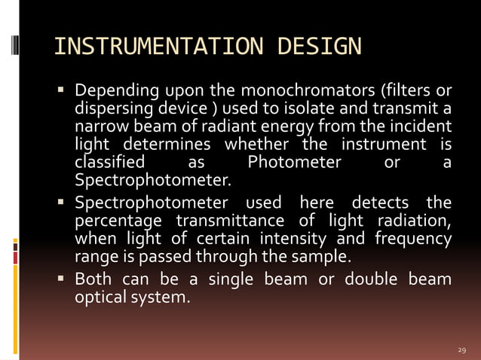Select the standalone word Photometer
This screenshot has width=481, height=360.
pos(294,162)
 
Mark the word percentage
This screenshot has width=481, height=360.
pos(117,221)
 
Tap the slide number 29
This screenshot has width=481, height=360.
pos(463,351)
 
